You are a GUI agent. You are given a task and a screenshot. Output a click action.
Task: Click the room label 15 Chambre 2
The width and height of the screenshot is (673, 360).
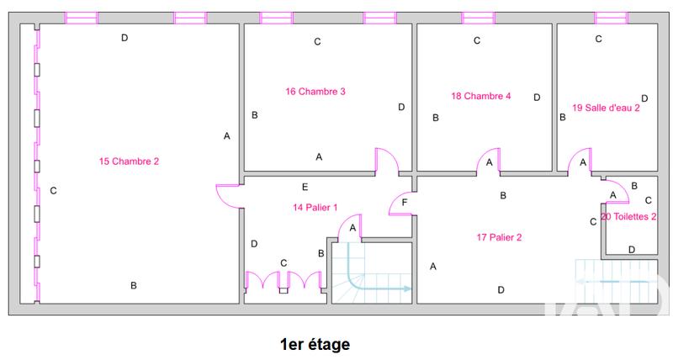129,161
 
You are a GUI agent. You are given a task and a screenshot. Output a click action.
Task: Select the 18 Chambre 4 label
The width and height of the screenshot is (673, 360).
481,96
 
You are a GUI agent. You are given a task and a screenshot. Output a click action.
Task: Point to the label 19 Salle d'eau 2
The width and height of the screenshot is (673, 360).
606,107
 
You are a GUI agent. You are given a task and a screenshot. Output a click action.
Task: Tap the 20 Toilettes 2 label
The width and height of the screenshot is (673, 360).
629,216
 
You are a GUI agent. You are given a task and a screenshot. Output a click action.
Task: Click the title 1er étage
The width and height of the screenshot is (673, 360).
315,344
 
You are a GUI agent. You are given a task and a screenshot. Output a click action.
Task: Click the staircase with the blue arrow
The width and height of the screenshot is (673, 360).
371,273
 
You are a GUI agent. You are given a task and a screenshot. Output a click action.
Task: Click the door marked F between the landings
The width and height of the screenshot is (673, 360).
400,204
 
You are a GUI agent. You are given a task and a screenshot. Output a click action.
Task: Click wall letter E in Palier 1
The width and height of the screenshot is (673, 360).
305,187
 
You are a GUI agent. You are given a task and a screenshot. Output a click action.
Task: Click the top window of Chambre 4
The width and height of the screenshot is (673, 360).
478,18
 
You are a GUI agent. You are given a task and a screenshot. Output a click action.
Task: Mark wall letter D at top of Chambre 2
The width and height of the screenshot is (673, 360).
125,37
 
